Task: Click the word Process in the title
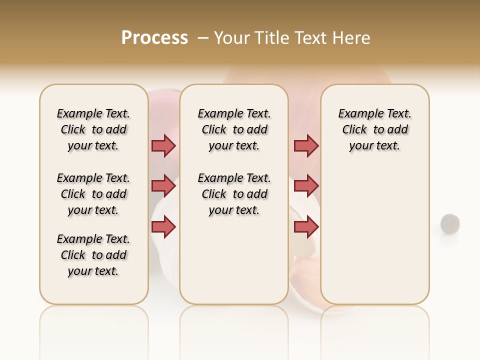tap(154, 38)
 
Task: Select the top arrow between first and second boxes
tap(163, 145)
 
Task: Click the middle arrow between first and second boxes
tap(163, 186)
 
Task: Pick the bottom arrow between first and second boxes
tap(163, 227)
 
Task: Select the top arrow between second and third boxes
tap(306, 145)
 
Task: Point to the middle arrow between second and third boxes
tap(306, 186)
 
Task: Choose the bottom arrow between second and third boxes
tap(306, 227)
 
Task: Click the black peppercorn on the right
tap(450, 223)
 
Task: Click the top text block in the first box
tap(93, 129)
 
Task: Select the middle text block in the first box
tap(93, 194)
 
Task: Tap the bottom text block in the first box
tap(93, 255)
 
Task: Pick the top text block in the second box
tap(234, 129)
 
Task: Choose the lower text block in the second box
tap(234, 194)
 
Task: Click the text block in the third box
tap(374, 129)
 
